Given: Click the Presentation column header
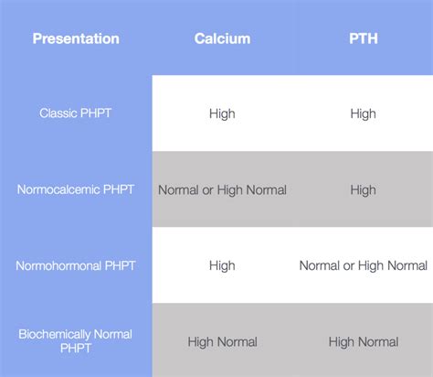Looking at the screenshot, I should point(76,38).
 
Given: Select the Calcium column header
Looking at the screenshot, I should point(222,38).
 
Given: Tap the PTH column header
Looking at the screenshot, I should point(363,38).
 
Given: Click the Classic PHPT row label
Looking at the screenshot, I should point(76,113).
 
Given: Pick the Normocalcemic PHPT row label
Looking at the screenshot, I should point(76,190).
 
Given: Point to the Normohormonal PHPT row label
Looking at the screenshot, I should point(76,265).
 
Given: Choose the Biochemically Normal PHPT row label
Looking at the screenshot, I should point(76,341).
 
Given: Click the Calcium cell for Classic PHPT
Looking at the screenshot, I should point(222,113).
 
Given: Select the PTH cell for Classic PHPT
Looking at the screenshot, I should point(363,113).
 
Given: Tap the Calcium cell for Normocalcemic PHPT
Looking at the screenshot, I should point(222,190).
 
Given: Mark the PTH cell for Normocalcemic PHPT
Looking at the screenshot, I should point(363,190).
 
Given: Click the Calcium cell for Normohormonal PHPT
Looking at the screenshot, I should point(222,265).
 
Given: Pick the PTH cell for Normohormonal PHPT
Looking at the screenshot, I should point(363,265).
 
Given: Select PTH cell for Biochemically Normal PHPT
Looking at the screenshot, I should point(363,341).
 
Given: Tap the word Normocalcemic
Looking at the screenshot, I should point(58,190).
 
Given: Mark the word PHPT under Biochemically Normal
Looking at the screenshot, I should point(76,350).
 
